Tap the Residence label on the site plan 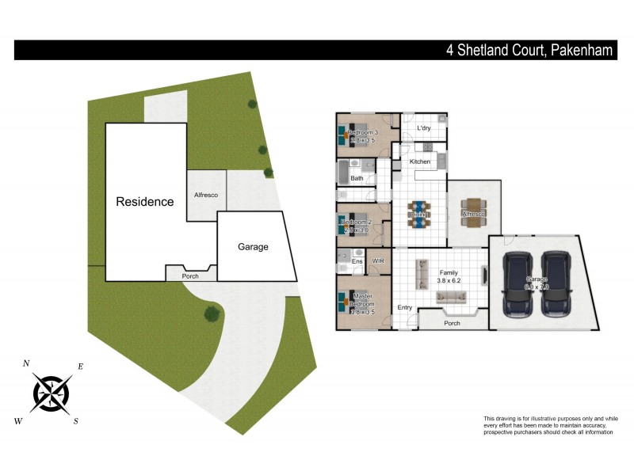[x=145, y=202]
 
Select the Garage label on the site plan [x=253, y=247]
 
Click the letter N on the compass [x=26, y=363]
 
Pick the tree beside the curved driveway [x=212, y=314]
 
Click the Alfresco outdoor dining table [x=474, y=213]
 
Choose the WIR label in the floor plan [x=378, y=260]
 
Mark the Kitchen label [x=420, y=161]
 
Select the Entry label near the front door [x=405, y=308]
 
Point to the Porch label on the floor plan [x=452, y=323]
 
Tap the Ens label [x=357, y=261]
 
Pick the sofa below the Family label [x=452, y=297]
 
